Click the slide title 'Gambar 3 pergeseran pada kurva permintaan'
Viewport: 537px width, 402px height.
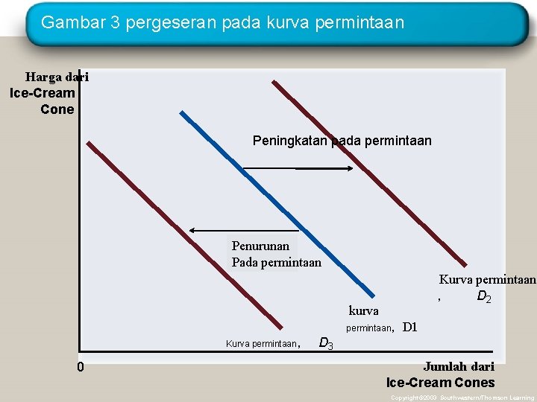point(222,22)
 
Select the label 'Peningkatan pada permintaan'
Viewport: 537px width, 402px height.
point(342,140)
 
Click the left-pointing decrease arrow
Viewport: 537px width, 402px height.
point(242,231)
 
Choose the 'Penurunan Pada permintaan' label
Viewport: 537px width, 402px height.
point(276,254)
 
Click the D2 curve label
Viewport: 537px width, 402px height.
point(483,297)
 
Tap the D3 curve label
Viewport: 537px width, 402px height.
point(326,343)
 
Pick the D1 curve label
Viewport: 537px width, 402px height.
point(409,327)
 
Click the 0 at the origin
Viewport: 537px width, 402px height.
point(81,367)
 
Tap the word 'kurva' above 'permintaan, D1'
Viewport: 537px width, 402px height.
point(363,310)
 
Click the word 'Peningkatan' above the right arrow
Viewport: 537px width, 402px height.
point(289,140)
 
